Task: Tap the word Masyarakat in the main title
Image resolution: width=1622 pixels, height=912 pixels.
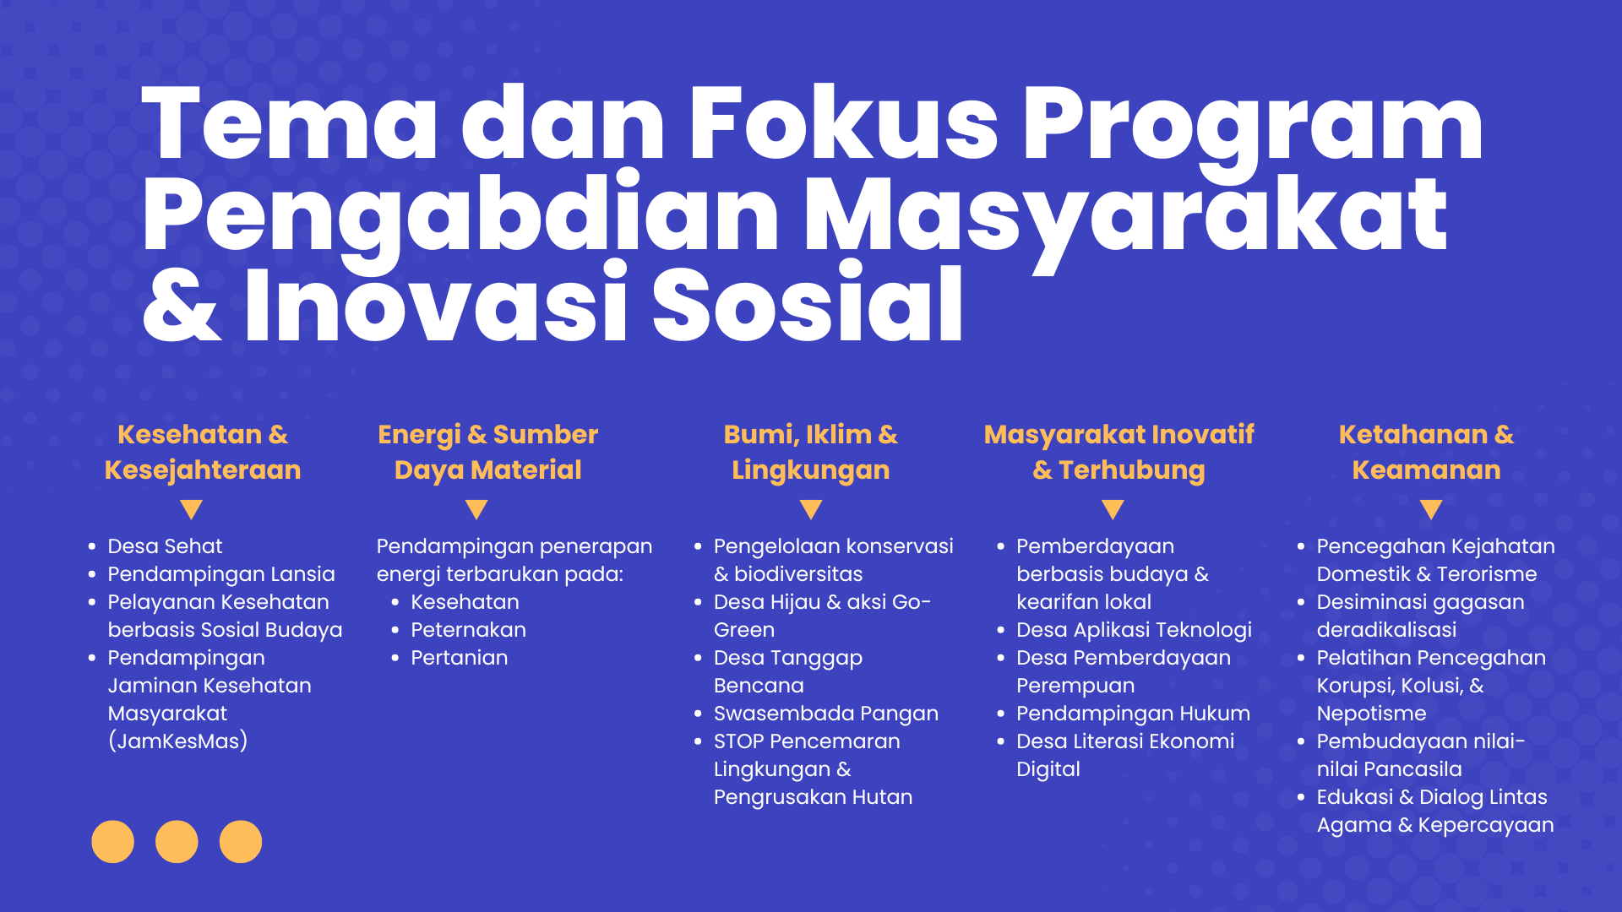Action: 1125,218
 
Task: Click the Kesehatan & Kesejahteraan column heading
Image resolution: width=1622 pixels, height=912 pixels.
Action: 203,452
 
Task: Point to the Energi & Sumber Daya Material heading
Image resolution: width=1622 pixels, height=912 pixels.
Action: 488,452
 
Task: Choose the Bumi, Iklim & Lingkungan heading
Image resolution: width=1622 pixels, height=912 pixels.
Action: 811,452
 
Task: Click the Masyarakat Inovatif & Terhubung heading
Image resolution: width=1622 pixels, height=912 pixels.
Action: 1119,452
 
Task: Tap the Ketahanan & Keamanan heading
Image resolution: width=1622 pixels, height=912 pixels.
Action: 1427,452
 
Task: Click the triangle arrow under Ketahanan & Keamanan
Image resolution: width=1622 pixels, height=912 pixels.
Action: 1431,508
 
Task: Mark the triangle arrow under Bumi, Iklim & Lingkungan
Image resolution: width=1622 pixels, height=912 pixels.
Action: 811,508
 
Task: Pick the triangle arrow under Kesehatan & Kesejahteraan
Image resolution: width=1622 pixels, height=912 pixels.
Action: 192,508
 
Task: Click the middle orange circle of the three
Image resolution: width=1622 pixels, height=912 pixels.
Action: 177,842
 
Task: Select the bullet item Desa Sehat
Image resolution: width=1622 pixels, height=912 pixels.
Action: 165,546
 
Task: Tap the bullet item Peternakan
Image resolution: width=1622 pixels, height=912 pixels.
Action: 468,630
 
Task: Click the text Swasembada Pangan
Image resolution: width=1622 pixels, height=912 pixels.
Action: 826,714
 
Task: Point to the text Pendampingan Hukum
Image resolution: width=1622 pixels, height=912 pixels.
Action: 1133,714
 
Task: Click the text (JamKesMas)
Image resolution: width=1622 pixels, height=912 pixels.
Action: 177,741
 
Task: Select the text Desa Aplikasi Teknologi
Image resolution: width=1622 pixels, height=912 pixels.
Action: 1134,630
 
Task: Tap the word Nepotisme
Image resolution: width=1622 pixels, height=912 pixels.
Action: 1371,714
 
